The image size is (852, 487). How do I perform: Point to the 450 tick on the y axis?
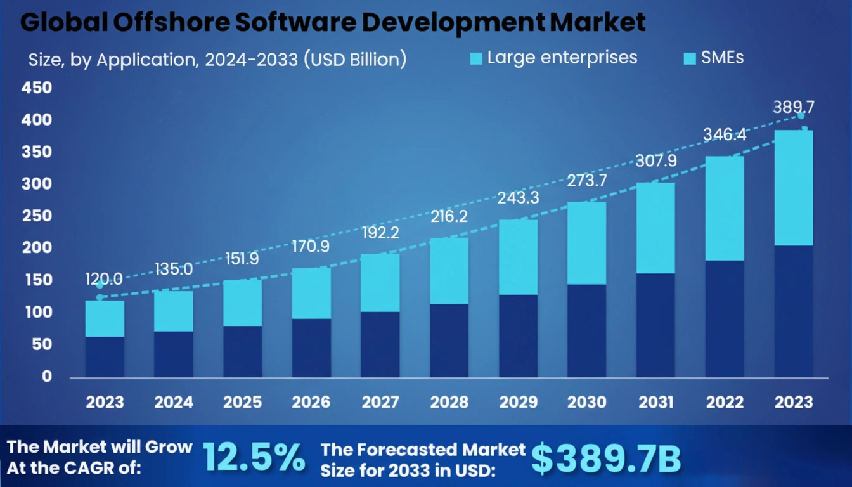37,88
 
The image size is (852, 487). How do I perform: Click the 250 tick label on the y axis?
37,216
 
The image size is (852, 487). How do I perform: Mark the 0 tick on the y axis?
46,377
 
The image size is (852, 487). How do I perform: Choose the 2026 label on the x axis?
311,402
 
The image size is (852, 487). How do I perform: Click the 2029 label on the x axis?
518,402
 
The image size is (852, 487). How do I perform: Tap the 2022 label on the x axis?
725,402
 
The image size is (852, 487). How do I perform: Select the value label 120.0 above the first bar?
104,279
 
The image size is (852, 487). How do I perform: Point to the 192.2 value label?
380,233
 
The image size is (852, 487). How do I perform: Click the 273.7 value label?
587,181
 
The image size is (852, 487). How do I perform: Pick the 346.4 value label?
725,134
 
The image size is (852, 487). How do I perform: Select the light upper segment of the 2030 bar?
587,243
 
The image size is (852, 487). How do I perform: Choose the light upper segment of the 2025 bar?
242,302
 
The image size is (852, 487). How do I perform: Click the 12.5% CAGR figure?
254,458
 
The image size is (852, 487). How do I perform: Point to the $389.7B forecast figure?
605,458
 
